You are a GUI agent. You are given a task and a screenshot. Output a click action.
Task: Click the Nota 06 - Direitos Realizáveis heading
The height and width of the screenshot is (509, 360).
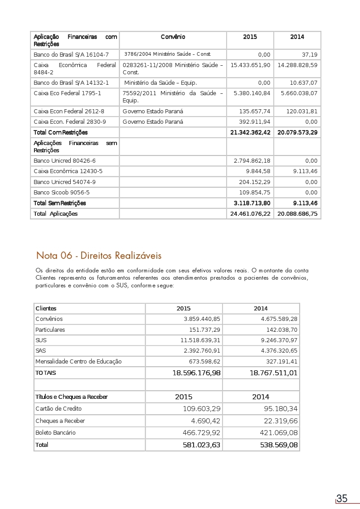point(99,256)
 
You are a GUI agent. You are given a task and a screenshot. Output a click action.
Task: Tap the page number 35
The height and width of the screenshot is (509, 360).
point(342,499)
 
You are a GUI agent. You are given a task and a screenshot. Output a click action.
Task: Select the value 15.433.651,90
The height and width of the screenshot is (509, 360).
point(250,65)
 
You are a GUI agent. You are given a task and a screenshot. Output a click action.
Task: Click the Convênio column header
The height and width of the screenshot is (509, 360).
point(173,37)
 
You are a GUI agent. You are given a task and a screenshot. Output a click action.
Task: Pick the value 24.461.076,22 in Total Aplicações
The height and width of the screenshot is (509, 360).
point(250,213)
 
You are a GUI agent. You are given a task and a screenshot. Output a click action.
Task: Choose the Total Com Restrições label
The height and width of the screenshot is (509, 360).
point(60,132)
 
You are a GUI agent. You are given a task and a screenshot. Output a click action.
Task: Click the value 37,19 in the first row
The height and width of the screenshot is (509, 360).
point(310,54)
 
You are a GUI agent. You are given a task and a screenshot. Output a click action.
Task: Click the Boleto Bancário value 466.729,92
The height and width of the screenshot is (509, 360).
point(201,433)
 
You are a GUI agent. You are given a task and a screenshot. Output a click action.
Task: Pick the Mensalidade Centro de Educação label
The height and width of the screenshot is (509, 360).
point(78,361)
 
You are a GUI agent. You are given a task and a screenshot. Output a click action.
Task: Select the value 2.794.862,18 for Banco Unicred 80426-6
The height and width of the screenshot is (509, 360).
point(252,160)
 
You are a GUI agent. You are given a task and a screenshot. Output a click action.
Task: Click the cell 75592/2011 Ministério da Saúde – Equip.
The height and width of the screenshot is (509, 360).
point(173,97)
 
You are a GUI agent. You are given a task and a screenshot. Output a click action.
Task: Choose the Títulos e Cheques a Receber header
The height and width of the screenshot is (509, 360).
point(72,397)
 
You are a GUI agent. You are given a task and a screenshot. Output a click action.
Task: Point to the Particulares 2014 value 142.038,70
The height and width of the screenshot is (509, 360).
point(282,330)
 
